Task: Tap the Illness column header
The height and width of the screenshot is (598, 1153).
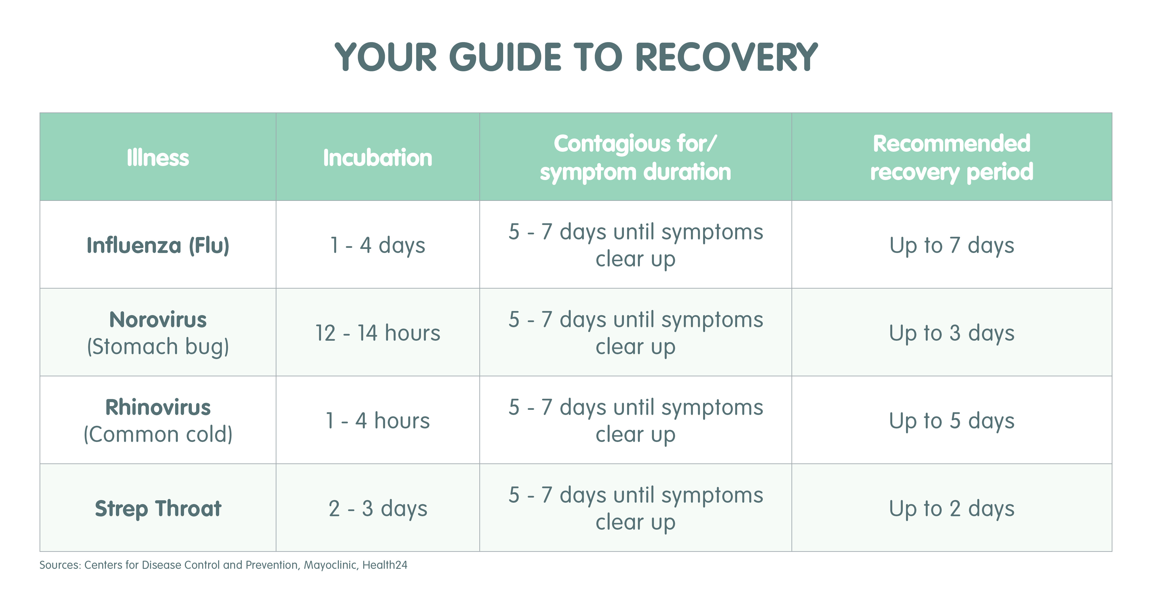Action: pyautogui.click(x=158, y=157)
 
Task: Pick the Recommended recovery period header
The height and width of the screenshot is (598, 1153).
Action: pyautogui.click(x=952, y=157)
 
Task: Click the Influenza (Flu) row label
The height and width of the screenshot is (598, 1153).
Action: pyautogui.click(x=158, y=245)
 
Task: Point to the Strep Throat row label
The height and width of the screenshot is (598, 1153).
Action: pyautogui.click(x=158, y=509)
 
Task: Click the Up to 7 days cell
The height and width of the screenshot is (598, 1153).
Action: pyautogui.click(x=952, y=245)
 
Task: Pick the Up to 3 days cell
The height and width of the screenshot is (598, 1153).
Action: pyautogui.click(x=952, y=333)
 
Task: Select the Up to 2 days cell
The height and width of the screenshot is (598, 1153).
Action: pyautogui.click(x=952, y=509)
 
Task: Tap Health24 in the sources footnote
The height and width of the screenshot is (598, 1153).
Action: pyautogui.click(x=385, y=565)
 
